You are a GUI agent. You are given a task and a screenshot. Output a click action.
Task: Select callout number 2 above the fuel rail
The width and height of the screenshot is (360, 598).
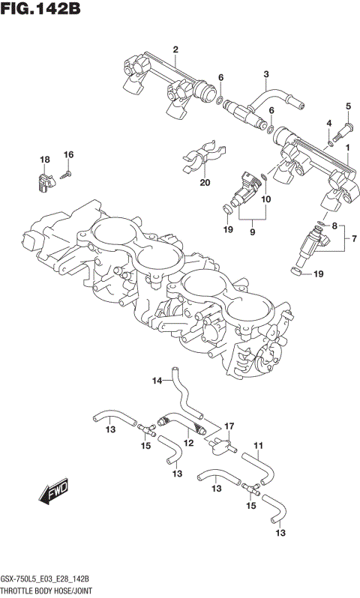tap(175, 50)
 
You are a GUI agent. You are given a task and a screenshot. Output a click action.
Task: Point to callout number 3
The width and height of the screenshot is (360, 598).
tap(265, 73)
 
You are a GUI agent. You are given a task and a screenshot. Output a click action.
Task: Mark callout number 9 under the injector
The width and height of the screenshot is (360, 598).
tap(252, 232)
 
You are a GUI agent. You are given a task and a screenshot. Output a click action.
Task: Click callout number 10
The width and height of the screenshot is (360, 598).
tap(265, 199)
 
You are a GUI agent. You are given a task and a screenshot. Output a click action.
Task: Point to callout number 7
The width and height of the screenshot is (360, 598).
tap(354, 241)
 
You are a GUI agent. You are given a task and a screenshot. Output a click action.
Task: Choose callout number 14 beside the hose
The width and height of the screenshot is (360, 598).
tap(157, 381)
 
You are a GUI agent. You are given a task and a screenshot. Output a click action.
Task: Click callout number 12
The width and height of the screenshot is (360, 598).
tap(188, 444)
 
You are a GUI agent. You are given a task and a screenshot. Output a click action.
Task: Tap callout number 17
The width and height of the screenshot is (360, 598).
tap(229, 425)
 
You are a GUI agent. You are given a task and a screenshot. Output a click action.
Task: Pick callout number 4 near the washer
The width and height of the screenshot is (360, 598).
tap(328, 123)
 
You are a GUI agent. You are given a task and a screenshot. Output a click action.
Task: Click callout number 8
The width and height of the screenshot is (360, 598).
tap(335, 226)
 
